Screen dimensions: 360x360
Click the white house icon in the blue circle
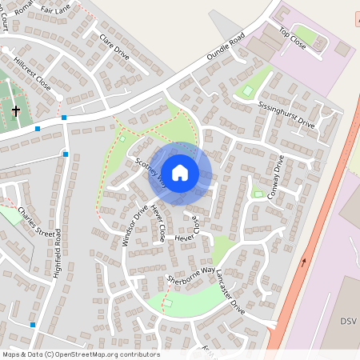click(x=180, y=172)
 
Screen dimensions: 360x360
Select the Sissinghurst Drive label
click(x=286, y=115)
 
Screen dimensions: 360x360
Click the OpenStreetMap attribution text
click(x=80, y=354)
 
